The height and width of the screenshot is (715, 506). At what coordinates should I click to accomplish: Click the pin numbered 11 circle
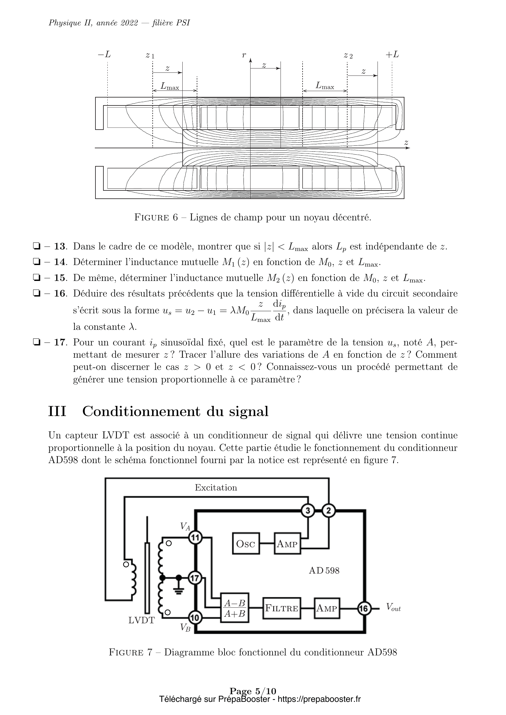point(195,537)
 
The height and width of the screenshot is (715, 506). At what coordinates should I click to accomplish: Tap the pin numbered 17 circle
point(195,578)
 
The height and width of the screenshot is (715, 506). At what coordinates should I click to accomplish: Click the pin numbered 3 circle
point(308,510)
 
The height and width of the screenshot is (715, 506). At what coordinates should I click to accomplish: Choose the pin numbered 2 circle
point(328,510)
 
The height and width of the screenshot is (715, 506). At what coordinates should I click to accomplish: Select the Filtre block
point(282,608)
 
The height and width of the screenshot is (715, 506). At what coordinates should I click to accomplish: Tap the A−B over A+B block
point(235,608)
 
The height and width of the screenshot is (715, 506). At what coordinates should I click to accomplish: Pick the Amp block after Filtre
point(326,608)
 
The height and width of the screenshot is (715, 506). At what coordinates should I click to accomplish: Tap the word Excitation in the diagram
point(216,488)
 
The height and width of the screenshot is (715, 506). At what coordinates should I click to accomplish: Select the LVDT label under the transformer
point(141,620)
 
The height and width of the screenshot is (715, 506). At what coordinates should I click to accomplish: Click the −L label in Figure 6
point(104,55)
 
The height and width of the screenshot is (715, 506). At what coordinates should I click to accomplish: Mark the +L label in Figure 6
point(392,55)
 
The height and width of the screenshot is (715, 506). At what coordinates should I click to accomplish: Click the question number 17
point(61,343)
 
